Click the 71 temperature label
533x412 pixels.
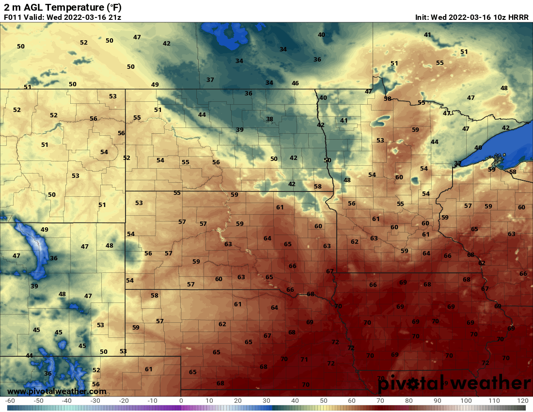304,360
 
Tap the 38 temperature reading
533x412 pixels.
269,119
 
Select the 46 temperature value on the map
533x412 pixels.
295,83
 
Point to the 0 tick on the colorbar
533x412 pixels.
181,401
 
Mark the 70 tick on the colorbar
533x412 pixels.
380,401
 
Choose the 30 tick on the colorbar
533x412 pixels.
266,401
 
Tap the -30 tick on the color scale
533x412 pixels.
95,401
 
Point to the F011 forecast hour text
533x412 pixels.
13,17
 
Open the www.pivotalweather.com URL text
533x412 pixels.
57,391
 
